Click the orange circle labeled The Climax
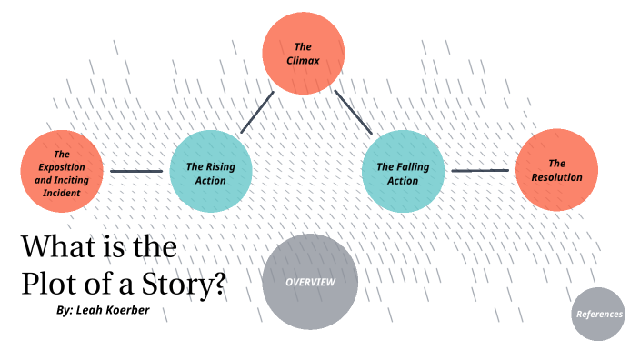pos(303,52)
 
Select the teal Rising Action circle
pos(211,172)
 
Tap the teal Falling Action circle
pos(402,173)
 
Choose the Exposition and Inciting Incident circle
pos(62,171)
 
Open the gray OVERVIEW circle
pos(310,282)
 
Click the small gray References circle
pos(599,314)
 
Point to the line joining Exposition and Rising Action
pos(136,171)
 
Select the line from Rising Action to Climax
pos(257,112)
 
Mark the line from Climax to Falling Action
pos(354,113)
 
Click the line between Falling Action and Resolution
pos(480,170)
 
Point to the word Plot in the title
pos(47,284)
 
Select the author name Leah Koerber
pos(113,310)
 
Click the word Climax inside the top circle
pos(303,61)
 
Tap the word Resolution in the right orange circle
pos(556,177)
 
